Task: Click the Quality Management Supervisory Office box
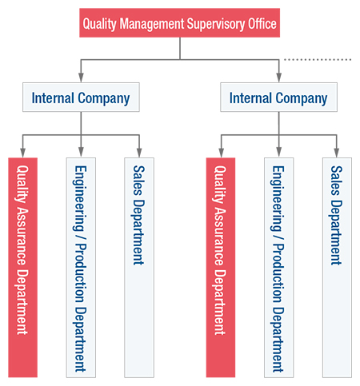pyautogui.click(x=179, y=22)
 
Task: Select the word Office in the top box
pyautogui.click(x=262, y=23)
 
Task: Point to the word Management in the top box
pyautogui.click(x=152, y=24)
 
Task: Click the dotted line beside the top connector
pyautogui.click(x=318, y=60)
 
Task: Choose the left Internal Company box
pyautogui.click(x=81, y=97)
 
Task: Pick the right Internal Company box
pyautogui.click(x=278, y=97)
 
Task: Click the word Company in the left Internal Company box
pyautogui.click(x=104, y=98)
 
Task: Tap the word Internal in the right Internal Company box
pyautogui.click(x=250, y=97)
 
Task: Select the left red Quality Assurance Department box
pyautogui.click(x=22, y=267)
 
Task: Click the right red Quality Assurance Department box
pyautogui.click(x=221, y=267)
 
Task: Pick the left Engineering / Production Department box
pyautogui.click(x=81, y=268)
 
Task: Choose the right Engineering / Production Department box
pyautogui.click(x=279, y=268)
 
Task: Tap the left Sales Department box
pyautogui.click(x=139, y=268)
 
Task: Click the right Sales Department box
pyautogui.click(x=337, y=268)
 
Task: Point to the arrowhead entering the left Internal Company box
pyautogui.click(x=81, y=78)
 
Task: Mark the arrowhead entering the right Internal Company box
pyautogui.click(x=278, y=78)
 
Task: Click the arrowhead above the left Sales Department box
pyautogui.click(x=139, y=153)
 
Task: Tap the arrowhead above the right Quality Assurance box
pyautogui.click(x=221, y=153)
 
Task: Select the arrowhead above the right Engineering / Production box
pyautogui.click(x=279, y=153)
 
